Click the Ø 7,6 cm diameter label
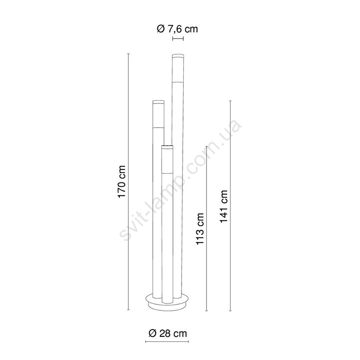tap(177, 29)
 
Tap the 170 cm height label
tap(122, 181)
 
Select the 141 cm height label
tap(224, 206)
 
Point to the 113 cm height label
tap(200, 229)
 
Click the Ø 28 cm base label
tap(168, 333)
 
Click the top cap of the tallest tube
tap(178, 56)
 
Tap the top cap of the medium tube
tap(159, 102)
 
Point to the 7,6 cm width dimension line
tap(178, 39)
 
